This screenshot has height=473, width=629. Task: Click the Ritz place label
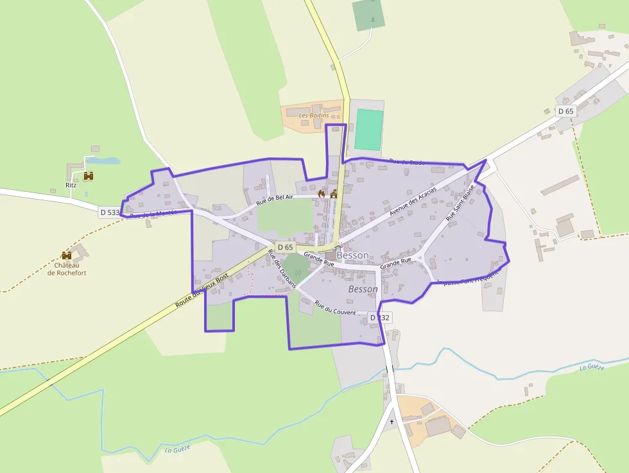[x=71, y=185]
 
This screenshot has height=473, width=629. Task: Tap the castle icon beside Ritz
[x=89, y=175]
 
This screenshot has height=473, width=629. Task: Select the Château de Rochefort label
[x=67, y=269]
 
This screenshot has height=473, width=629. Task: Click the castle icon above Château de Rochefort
[x=66, y=255]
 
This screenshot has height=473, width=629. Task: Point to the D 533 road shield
[x=110, y=212]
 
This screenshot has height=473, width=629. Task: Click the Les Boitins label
[x=314, y=116]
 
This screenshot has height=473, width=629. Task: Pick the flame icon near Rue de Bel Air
[x=322, y=193]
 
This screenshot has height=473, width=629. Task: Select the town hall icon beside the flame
[x=333, y=193]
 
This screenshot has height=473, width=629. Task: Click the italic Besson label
[x=363, y=289]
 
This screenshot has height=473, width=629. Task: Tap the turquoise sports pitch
[x=368, y=130]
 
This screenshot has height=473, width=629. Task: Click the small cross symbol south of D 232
[x=392, y=422]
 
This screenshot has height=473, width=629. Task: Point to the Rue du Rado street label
[x=407, y=162]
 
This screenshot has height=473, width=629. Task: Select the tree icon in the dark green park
[x=372, y=20]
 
